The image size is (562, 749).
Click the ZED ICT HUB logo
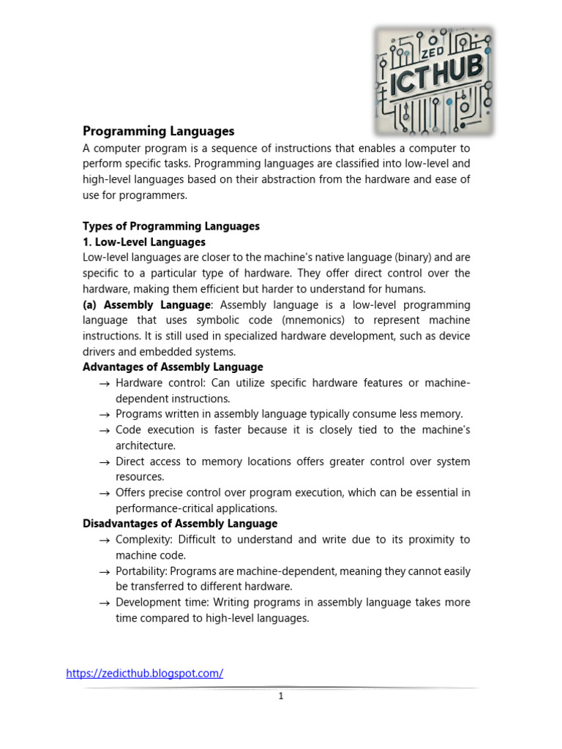pyautogui.click(x=434, y=81)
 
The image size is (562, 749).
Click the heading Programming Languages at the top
pyautogui.click(x=158, y=131)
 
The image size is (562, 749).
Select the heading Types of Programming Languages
pyautogui.click(x=171, y=226)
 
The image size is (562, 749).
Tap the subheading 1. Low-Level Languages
pyautogui.click(x=144, y=241)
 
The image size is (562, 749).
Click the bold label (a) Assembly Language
pyautogui.click(x=146, y=304)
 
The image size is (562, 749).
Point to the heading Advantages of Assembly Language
pyautogui.click(x=173, y=367)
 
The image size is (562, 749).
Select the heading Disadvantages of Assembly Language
pyautogui.click(x=180, y=524)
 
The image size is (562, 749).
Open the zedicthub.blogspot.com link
pyautogui.click(x=144, y=674)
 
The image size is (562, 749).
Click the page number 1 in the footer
pyautogui.click(x=281, y=696)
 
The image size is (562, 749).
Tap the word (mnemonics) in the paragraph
pyautogui.click(x=308, y=320)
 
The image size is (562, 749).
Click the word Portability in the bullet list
pyautogui.click(x=141, y=571)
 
